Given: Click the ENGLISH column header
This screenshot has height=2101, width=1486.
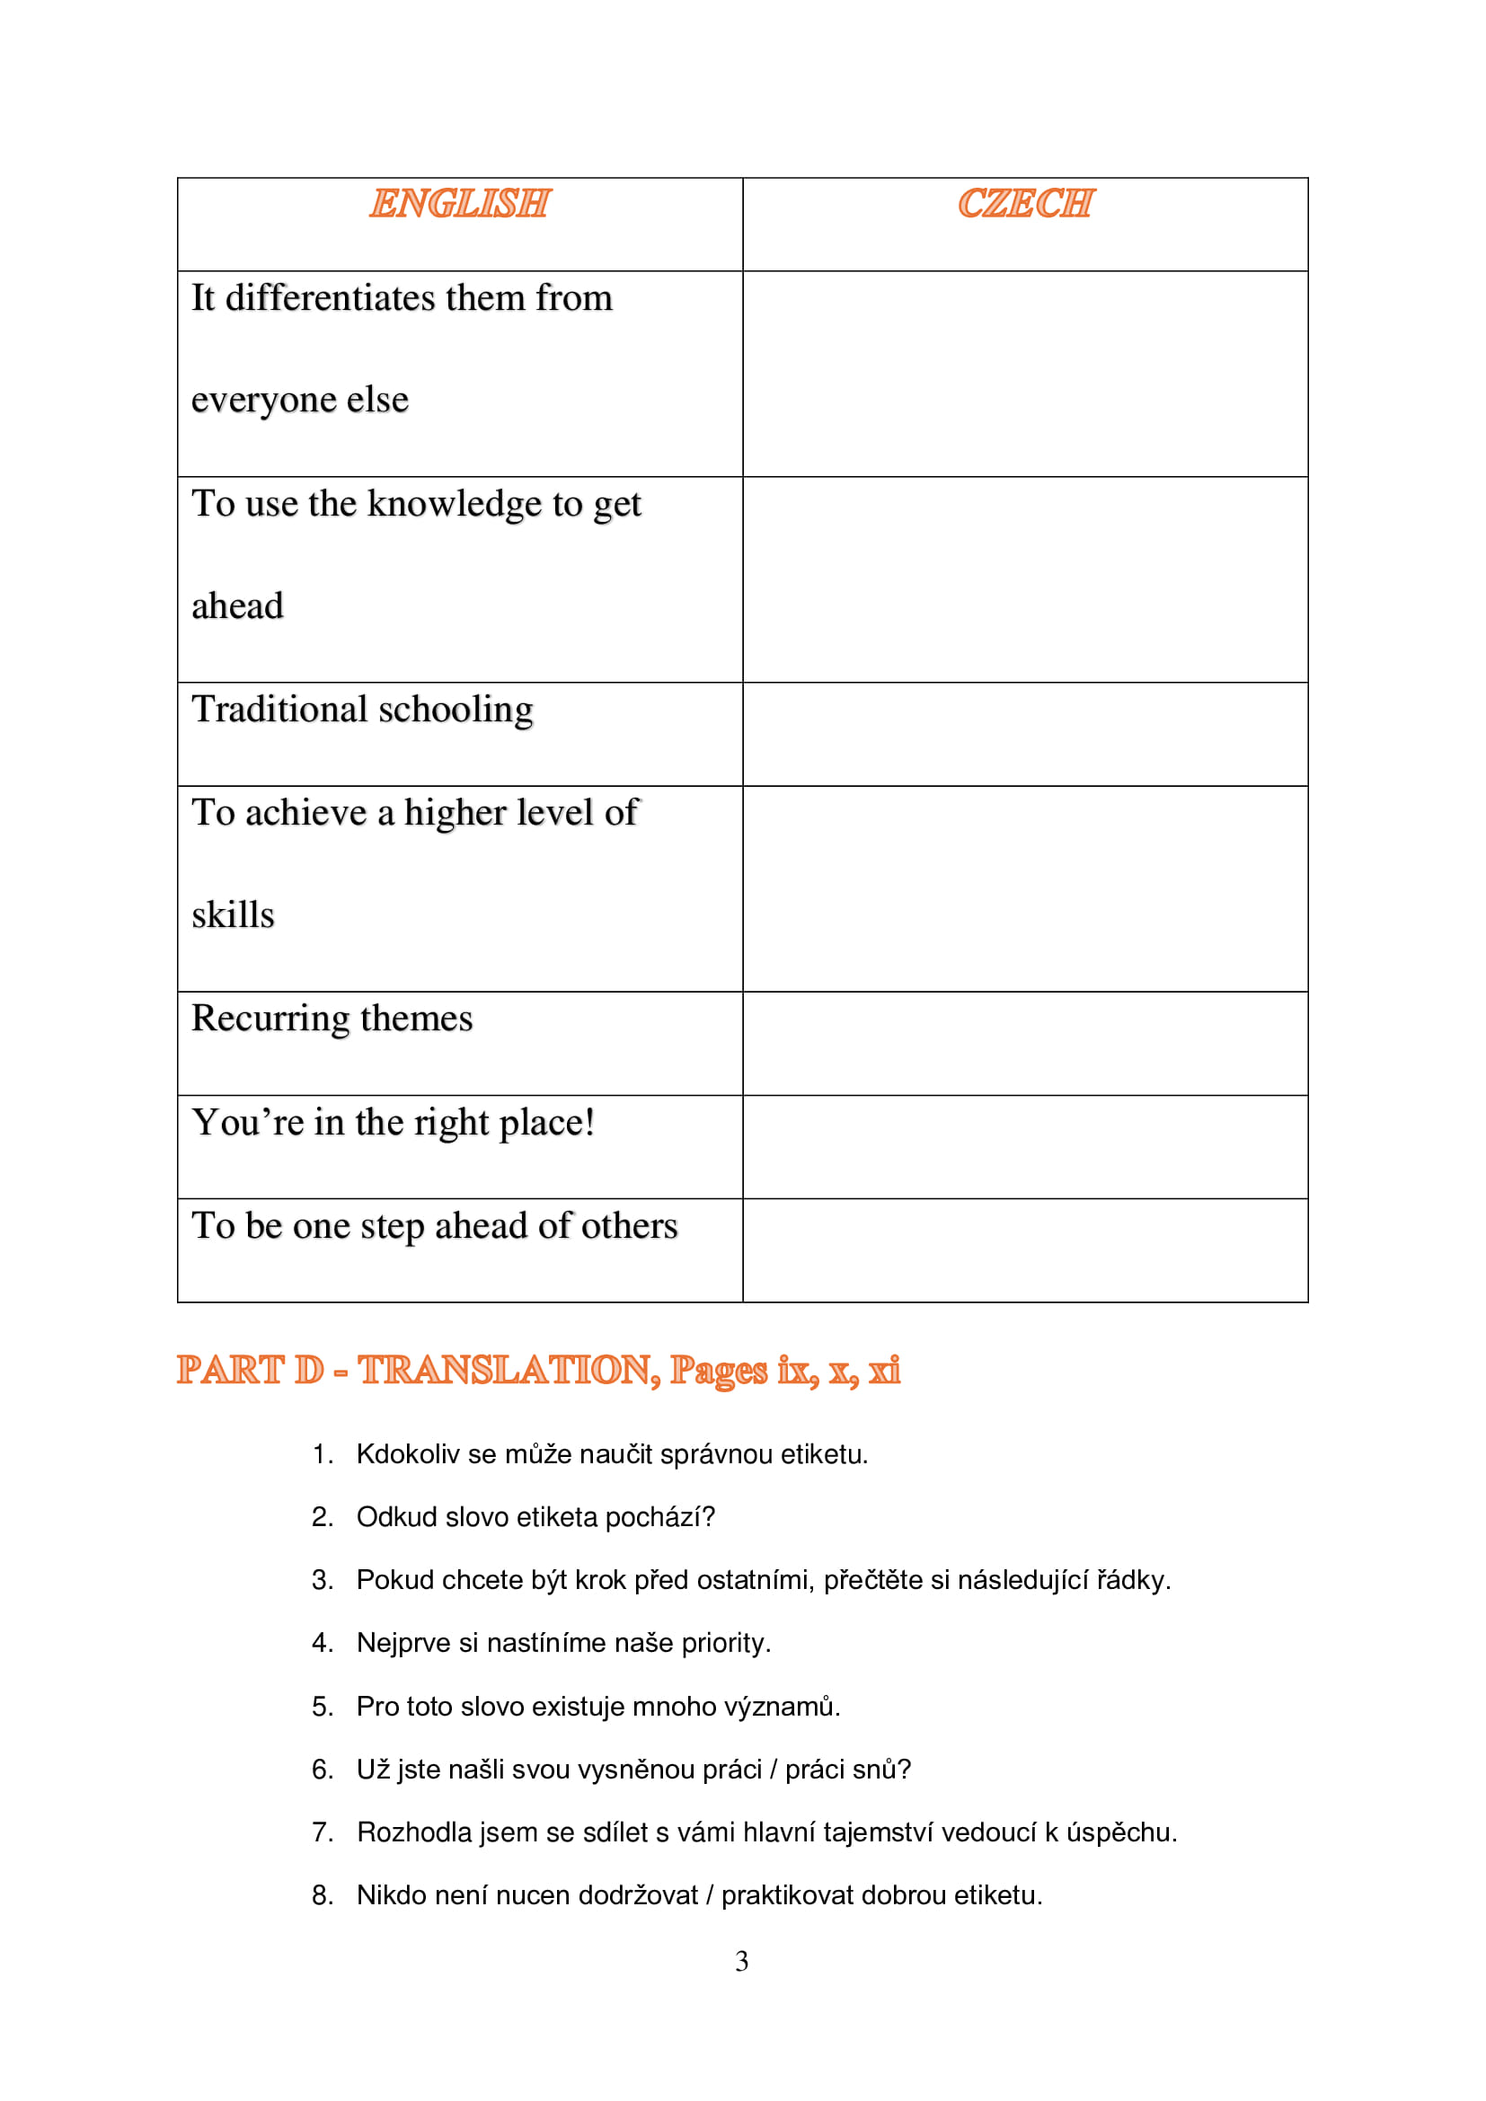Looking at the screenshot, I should pyautogui.click(x=459, y=203).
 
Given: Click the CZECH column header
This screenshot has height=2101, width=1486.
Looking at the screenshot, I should pyautogui.click(x=1025, y=203).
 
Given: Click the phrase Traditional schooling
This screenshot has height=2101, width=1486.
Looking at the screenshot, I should pyautogui.click(x=362, y=711).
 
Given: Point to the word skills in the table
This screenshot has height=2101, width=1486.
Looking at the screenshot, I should pyautogui.click(x=233, y=915).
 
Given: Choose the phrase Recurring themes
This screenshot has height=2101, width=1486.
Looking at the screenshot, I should pyautogui.click(x=332, y=1019).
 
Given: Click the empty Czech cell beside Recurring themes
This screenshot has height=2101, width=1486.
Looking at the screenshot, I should pyautogui.click(x=1025, y=1043).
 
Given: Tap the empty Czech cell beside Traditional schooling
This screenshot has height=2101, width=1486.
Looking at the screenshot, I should pyautogui.click(x=1025, y=734).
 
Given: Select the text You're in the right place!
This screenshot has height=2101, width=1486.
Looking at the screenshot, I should pyautogui.click(x=394, y=1123).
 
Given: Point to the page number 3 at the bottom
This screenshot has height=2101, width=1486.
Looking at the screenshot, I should pyautogui.click(x=742, y=1961).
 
